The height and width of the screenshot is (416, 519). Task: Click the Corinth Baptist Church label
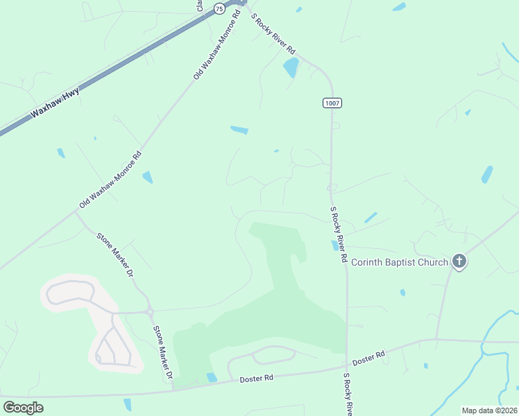[399, 261]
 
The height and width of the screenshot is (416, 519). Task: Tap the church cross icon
[458, 261]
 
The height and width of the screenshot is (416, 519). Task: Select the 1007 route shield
[332, 103]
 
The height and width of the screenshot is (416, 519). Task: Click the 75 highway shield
[219, 8]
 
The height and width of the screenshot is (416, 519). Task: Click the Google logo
[23, 407]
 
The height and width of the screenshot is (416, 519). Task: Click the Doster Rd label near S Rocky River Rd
[368, 358]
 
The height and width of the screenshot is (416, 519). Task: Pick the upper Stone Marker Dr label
[115, 254]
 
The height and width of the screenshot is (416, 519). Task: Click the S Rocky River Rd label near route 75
[273, 35]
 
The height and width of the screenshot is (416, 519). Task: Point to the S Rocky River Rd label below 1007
[338, 234]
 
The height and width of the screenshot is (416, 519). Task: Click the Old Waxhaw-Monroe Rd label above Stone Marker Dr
[110, 180]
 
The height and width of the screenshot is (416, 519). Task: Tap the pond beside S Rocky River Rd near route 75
[291, 67]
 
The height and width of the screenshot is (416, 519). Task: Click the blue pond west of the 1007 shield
[239, 130]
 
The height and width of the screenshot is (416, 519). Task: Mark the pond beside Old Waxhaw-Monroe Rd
[147, 177]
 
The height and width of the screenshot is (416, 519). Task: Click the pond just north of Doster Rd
[212, 377]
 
